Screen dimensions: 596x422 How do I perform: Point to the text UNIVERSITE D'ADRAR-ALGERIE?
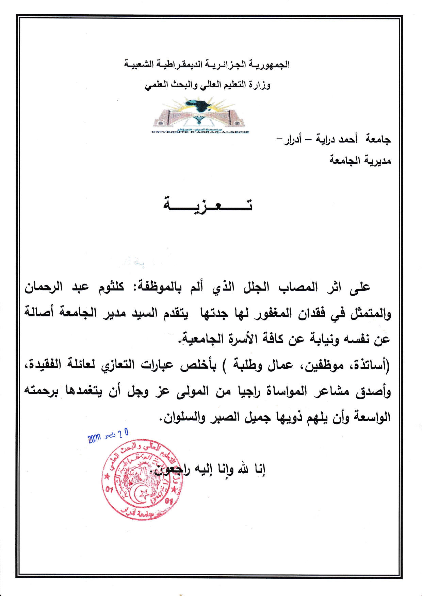coord(200,132)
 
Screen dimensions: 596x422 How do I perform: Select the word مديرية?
coord(377,160)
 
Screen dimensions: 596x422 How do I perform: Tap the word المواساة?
coord(283,391)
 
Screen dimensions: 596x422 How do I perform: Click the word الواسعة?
coord(372,417)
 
